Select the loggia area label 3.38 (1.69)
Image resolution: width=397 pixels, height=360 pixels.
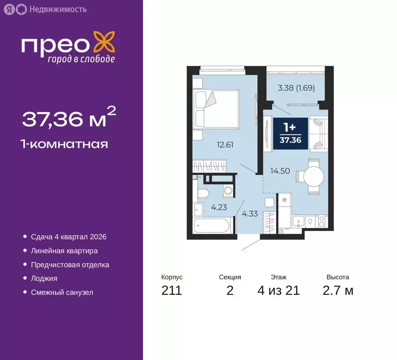pyautogui.click(x=296, y=87)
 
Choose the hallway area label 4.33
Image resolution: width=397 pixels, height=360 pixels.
pyautogui.click(x=250, y=214)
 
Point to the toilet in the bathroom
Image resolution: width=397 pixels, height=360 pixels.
pyautogui.click(x=202, y=193)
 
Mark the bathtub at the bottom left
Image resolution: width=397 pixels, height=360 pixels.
pyautogui.click(x=211, y=226)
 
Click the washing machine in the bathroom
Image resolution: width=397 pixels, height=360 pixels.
pyautogui.click(x=228, y=191)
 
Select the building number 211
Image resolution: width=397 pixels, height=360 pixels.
pyautogui.click(x=171, y=291)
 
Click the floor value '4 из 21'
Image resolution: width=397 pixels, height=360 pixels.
pyautogui.click(x=278, y=291)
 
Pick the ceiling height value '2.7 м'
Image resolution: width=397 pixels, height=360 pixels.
pyautogui.click(x=337, y=291)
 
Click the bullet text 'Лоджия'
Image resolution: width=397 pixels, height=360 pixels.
pyautogui.click(x=44, y=278)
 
